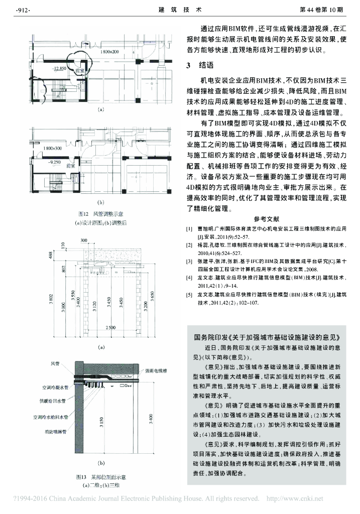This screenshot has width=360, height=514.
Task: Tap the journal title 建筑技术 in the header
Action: point(180,10)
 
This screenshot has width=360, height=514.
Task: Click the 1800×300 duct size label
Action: point(52,149)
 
